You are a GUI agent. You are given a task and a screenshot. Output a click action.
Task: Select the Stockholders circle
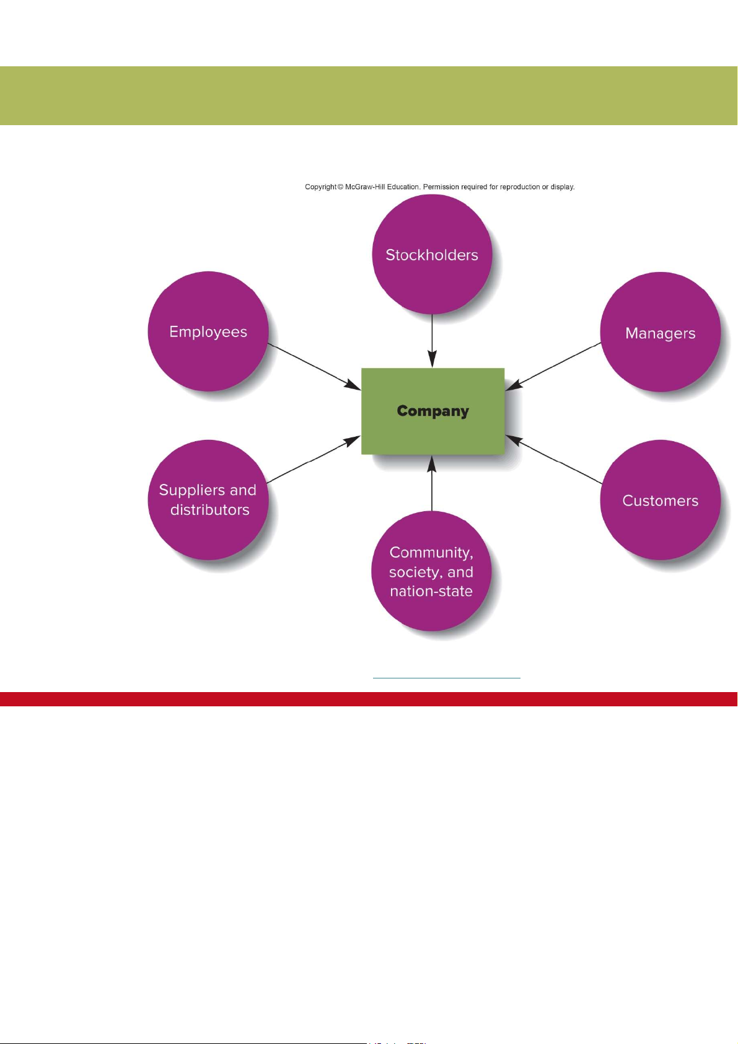[432, 255]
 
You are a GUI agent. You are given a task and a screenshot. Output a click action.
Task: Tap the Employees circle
[208, 331]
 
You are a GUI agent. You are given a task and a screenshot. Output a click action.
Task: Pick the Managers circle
[661, 333]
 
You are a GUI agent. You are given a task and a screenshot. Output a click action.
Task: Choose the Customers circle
[661, 501]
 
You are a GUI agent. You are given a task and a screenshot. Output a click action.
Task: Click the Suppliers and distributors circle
[208, 499]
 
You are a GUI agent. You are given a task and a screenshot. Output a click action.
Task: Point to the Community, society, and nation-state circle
[431, 571]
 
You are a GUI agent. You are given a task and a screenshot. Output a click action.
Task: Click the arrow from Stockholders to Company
[432, 341]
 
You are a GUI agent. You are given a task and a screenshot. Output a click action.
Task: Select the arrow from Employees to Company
[314, 367]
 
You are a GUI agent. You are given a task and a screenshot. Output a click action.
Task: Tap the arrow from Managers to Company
[553, 366]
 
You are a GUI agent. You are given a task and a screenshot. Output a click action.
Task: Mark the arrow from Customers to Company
[553, 459]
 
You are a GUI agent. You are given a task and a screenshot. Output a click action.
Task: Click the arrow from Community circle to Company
[432, 483]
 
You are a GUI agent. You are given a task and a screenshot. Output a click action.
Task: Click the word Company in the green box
[433, 411]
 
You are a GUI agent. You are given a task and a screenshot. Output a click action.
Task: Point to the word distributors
[210, 510]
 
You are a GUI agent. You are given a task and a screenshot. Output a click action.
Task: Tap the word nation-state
[431, 591]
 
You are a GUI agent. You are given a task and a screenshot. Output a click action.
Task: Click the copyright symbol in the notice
[340, 186]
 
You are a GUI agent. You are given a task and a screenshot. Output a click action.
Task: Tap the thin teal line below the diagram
[446, 678]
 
